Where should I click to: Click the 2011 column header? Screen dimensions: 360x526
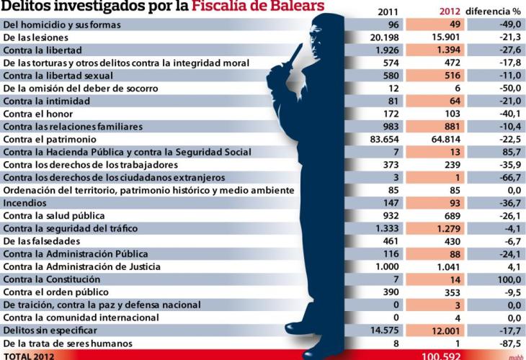coord(388,12)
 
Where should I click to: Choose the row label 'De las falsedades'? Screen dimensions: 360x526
coord(41,240)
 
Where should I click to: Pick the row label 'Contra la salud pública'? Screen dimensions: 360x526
coord(54,215)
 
